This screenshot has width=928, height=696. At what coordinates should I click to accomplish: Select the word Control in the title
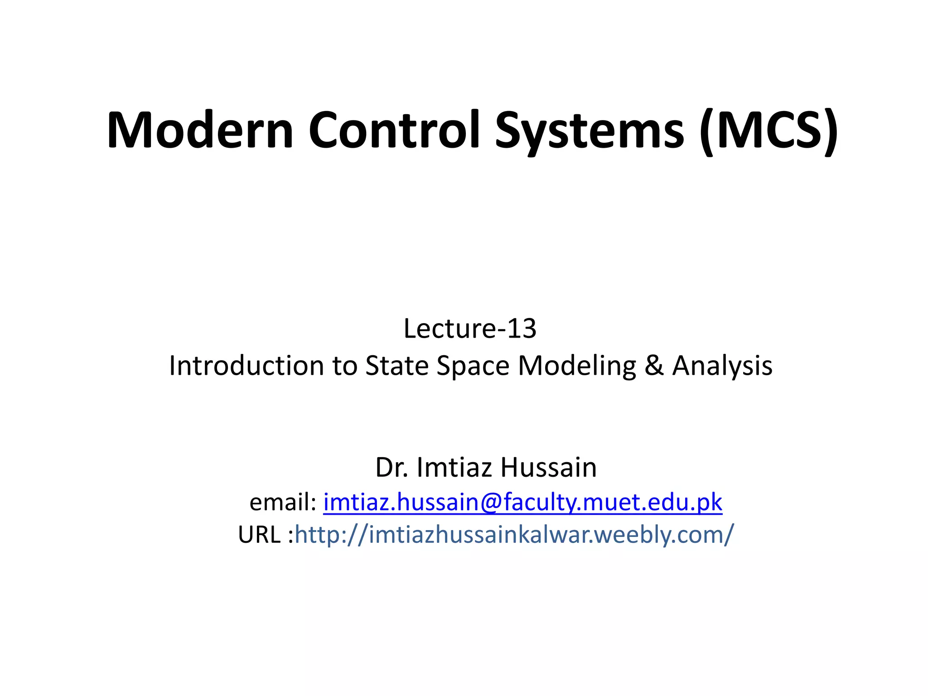coord(394,130)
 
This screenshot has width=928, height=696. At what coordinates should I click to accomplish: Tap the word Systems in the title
coord(589,131)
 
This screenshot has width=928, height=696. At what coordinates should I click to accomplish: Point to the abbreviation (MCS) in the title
coord(768,131)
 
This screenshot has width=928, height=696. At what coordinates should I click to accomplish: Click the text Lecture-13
coord(470,329)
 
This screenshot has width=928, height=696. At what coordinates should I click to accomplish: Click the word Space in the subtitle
coord(473,366)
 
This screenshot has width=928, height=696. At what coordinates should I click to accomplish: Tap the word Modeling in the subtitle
coord(577,366)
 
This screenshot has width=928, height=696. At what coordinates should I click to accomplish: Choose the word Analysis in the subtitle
coord(722,366)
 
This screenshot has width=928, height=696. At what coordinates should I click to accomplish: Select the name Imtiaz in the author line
coord(455,468)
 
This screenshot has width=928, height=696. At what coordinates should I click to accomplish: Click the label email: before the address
coord(283,502)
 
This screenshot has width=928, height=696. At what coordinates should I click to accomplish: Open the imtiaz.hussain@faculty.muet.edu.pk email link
coord(522,502)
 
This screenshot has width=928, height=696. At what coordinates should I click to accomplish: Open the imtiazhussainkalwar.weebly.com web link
coord(514,535)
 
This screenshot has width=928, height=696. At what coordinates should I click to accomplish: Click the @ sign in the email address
coord(491,502)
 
